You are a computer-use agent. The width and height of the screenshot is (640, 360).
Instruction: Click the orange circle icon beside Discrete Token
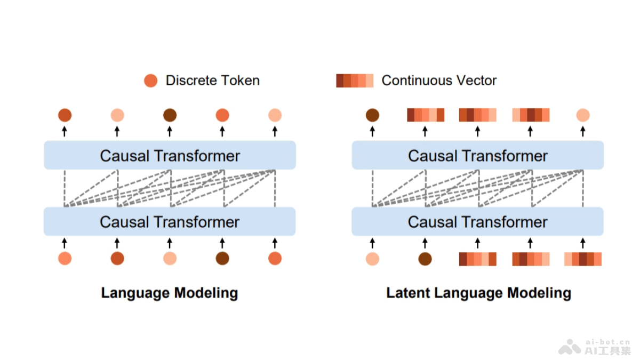[151, 81]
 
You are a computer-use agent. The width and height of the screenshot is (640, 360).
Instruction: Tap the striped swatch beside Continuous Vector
[355, 81]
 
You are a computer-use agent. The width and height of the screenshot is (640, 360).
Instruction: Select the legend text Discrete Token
[212, 81]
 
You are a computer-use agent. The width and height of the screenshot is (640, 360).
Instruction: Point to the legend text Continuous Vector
[439, 81]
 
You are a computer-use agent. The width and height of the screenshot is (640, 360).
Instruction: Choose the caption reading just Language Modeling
[170, 293]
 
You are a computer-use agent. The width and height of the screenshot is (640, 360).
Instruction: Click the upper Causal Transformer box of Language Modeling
[170, 156]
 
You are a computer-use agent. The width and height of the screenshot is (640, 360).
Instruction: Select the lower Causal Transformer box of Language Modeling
[170, 222]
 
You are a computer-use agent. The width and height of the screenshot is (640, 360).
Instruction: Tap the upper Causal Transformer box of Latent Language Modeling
[477, 156]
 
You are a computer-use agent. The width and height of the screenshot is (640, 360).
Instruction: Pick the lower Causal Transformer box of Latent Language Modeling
[477, 222]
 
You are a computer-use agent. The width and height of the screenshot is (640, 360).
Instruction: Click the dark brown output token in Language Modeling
[170, 115]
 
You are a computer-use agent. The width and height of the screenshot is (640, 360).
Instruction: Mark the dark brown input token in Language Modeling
[222, 259]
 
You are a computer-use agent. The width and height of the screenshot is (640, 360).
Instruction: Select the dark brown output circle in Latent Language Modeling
[372, 115]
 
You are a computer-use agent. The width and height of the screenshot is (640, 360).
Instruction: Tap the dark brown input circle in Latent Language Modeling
[425, 259]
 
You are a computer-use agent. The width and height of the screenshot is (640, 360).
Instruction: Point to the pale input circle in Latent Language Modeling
[372, 259]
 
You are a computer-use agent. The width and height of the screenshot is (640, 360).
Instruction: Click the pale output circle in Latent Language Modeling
[583, 115]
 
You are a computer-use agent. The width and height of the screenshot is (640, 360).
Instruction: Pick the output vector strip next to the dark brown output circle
[425, 115]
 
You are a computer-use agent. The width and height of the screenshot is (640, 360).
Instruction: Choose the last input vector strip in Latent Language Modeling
[583, 259]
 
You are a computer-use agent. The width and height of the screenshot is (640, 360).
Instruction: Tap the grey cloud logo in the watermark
[570, 347]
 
